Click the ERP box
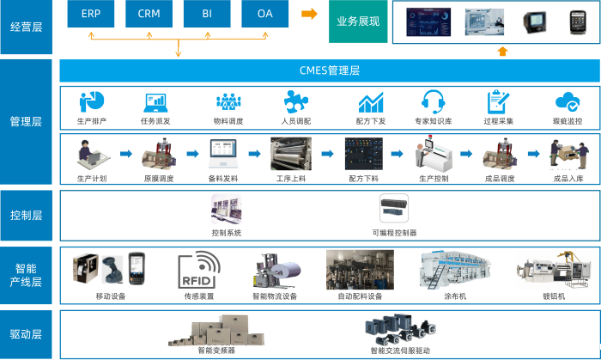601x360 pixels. coord(90,15)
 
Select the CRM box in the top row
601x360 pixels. coord(149,15)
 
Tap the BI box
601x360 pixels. coord(207,15)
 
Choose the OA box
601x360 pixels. coord(265,15)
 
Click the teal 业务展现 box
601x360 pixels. coord(359,21)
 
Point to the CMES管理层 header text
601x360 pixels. coord(329,70)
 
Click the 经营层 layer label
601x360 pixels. coord(26,26)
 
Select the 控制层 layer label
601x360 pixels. coord(26,215)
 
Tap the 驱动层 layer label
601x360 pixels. coord(26,334)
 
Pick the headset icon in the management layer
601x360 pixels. coord(431,102)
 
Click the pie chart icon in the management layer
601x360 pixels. coord(91,102)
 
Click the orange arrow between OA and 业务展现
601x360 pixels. coord(309,14)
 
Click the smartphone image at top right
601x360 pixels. coord(573,21)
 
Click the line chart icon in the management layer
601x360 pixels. coord(371,102)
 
